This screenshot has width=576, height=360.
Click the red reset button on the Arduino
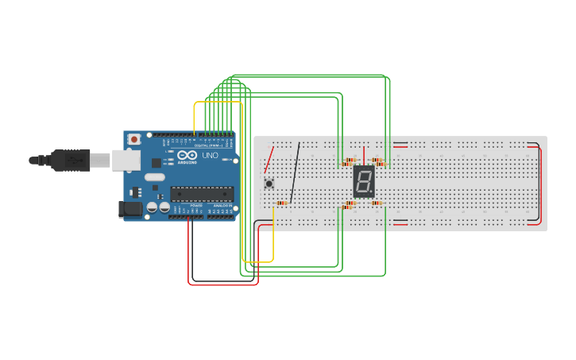pos(134,139)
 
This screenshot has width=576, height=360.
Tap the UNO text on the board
pos(210,156)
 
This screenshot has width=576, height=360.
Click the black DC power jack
pos(130,209)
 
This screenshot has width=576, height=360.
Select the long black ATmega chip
pos(202,193)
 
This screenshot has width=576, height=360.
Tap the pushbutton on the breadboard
pos(269,184)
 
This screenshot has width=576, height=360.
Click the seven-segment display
pos(364,182)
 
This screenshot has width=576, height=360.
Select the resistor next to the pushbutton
pos(281,203)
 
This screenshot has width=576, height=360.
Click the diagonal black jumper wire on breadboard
pos(295,172)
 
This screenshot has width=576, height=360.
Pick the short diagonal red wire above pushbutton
pos(269,159)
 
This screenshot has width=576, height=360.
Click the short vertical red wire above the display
pos(365,155)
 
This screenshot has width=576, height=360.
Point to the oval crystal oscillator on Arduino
pos(154,177)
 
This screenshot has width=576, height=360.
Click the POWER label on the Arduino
pos(195,206)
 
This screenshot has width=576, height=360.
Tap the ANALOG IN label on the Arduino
pos(222,206)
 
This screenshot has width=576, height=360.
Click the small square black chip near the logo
pos(136,192)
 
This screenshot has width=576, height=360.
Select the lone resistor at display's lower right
pos(377,203)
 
